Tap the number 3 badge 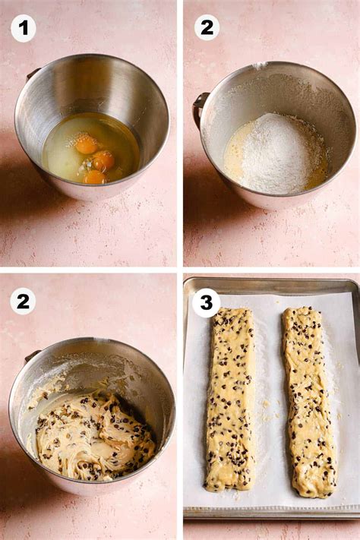point(207,303)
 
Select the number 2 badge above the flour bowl point(207,27)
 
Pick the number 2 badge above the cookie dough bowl point(23,302)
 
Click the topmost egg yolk point(87,144)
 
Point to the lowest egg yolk point(95,178)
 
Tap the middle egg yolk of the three point(104,160)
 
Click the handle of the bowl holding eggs point(33,74)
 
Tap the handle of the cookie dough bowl point(32,355)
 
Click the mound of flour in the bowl point(277,153)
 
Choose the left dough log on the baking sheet point(230,399)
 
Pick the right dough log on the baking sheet point(308,403)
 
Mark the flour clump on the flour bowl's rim point(260,65)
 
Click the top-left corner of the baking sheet point(185,279)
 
